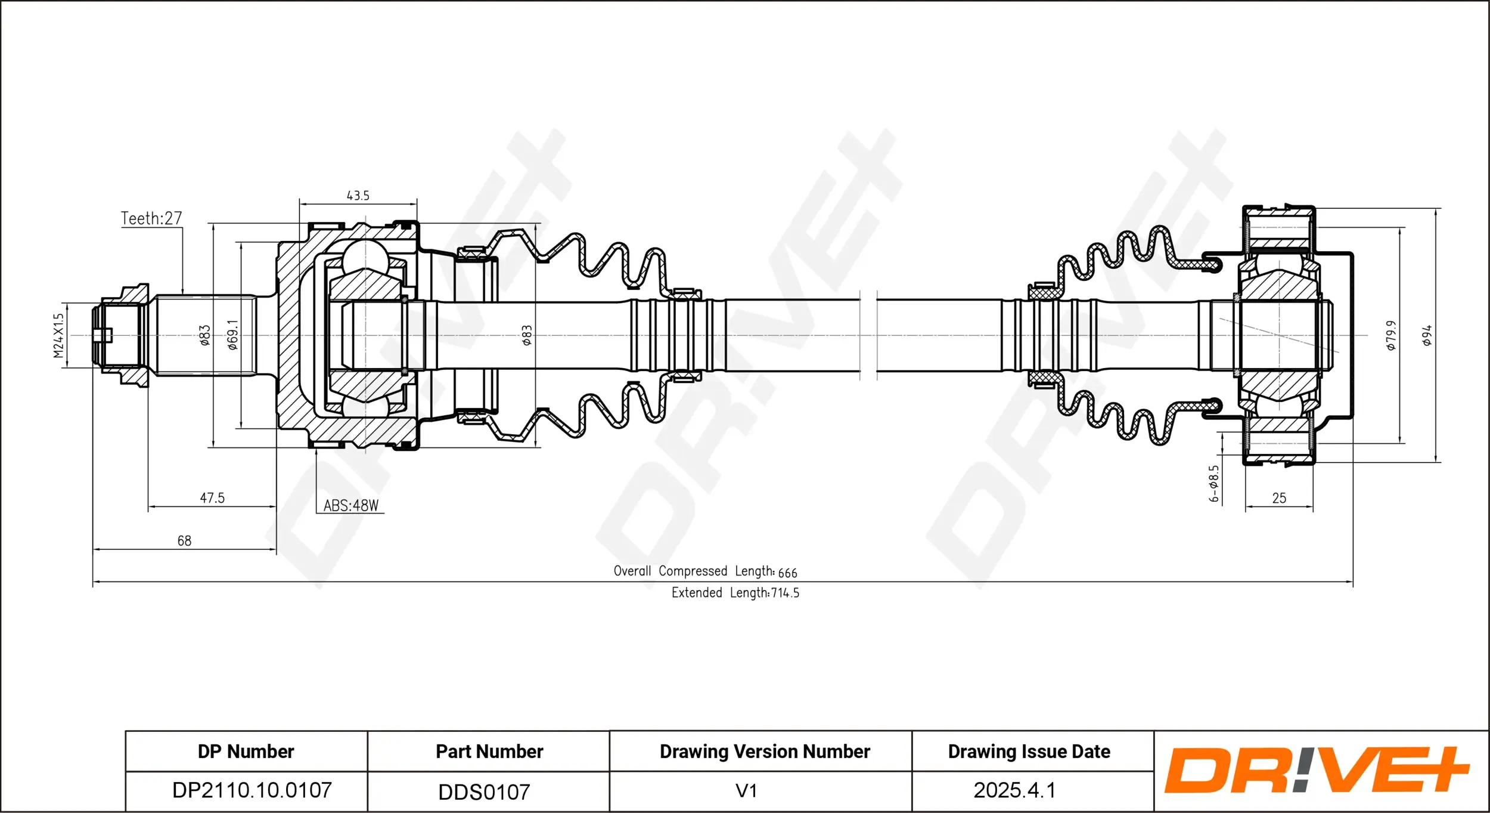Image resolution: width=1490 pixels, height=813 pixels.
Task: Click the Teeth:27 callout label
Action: pyautogui.click(x=151, y=218)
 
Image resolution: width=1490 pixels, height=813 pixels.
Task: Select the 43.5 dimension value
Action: pyautogui.click(x=358, y=196)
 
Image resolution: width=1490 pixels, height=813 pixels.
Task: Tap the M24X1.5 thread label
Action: pyautogui.click(x=58, y=336)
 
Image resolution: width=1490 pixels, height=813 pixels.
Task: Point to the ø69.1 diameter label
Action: pyautogui.click(x=232, y=335)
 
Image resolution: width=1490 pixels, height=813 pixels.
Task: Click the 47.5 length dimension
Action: pyautogui.click(x=212, y=497)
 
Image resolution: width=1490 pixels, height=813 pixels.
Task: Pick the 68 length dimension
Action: pyautogui.click(x=184, y=540)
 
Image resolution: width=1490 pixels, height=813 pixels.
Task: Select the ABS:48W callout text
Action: pyautogui.click(x=350, y=505)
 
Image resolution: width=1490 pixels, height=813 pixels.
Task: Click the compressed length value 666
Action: pyautogui.click(x=787, y=573)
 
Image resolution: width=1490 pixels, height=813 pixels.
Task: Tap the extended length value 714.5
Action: pyautogui.click(x=785, y=593)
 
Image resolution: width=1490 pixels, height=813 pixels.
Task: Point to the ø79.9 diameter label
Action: pyautogui.click(x=1390, y=335)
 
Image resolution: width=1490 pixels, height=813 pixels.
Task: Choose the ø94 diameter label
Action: pyautogui.click(x=1427, y=335)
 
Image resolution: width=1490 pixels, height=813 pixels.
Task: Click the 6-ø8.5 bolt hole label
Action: pyautogui.click(x=1214, y=483)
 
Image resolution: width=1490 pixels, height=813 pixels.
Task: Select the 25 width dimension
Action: pyautogui.click(x=1279, y=498)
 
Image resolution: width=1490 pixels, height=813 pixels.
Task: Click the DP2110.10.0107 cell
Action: pyautogui.click(x=252, y=790)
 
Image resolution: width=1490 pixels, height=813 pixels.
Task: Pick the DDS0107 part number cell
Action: pyautogui.click(x=484, y=792)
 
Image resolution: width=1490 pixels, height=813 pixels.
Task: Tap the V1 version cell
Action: pyautogui.click(x=746, y=791)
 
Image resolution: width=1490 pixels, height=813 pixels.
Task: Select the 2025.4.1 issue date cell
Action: pyautogui.click(x=1014, y=790)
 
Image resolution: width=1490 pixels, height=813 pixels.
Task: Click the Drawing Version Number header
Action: pyautogui.click(x=765, y=752)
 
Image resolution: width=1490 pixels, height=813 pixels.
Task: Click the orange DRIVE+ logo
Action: pyautogui.click(x=1317, y=770)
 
